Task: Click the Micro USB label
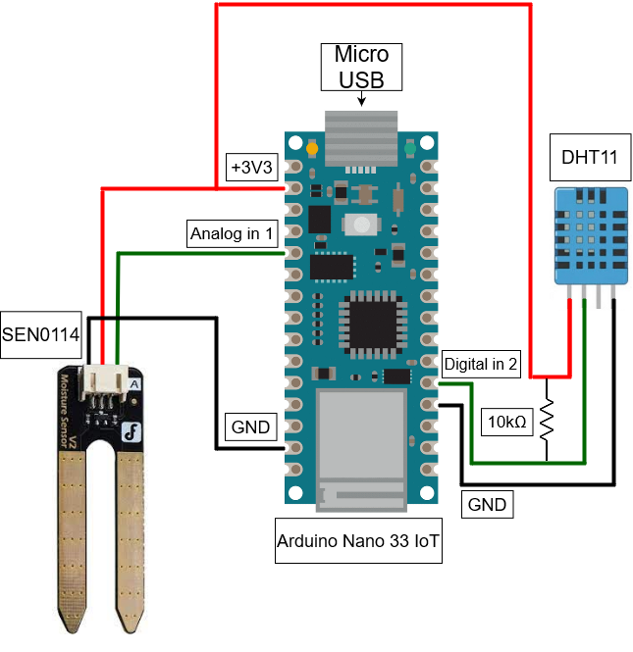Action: click(361, 67)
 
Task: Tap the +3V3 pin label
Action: click(250, 166)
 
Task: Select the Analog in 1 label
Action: click(233, 234)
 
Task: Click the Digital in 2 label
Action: click(481, 364)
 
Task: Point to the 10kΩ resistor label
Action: click(507, 424)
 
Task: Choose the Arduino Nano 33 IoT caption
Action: click(357, 541)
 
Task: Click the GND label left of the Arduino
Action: click(250, 427)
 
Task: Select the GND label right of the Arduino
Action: click(487, 505)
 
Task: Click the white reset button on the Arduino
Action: click(361, 224)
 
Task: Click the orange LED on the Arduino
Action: click(311, 149)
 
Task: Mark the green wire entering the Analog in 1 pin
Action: click(196, 253)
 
